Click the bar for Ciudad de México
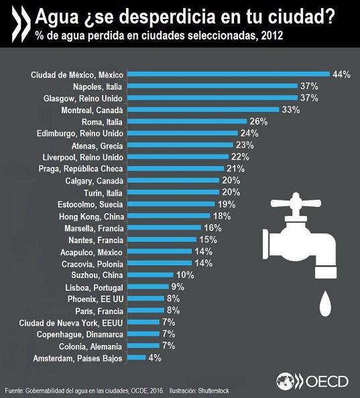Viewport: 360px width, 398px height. tap(228, 74)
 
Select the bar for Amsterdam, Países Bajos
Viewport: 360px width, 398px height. tap(136, 358)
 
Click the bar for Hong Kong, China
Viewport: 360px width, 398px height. tap(168, 216)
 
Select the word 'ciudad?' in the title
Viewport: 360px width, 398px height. tap(303, 15)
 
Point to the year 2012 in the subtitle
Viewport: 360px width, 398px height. tap(267, 35)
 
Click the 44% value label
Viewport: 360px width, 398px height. tap(341, 74)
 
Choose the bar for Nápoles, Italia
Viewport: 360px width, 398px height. tap(211, 86)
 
